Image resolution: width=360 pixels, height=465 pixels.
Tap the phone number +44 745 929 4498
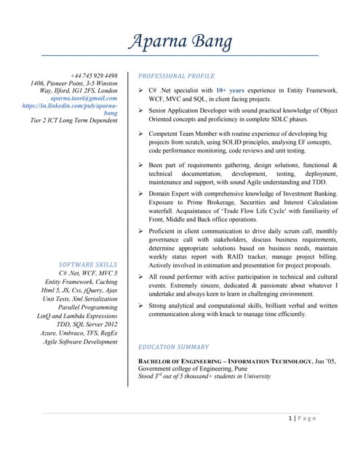point(94,76)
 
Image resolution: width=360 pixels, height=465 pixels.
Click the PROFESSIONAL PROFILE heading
point(176,76)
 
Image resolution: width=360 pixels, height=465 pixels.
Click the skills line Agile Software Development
point(80,341)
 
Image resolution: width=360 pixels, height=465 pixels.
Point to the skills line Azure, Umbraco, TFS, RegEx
point(79,333)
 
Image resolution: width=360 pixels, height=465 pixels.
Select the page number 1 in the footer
point(291,418)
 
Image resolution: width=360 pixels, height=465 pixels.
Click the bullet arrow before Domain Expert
point(141,194)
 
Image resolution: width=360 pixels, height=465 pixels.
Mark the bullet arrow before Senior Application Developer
point(141,110)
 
